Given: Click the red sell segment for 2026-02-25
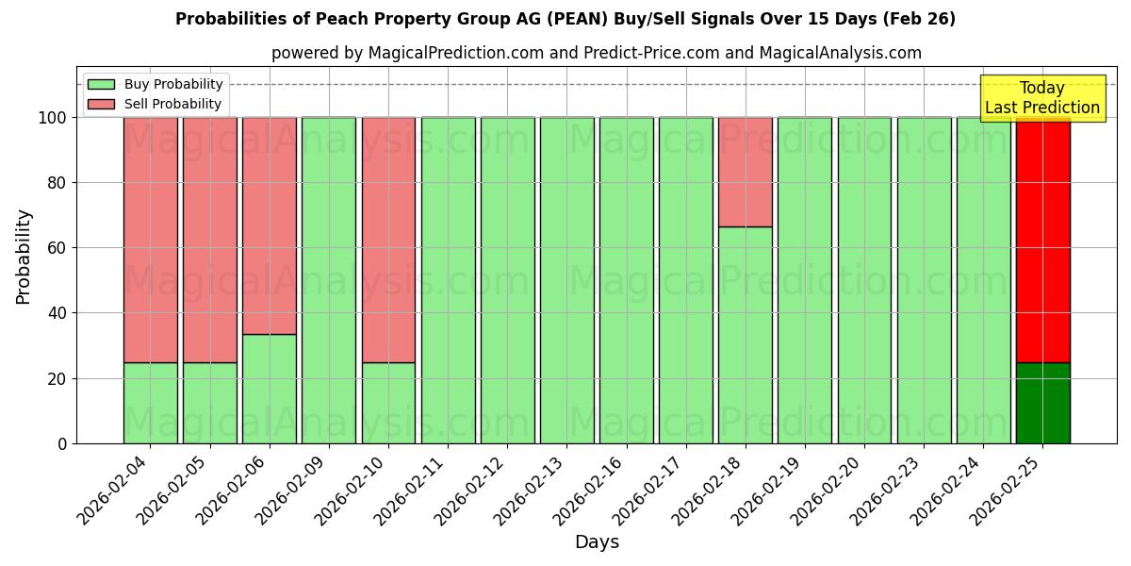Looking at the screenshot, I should (x=1042, y=240).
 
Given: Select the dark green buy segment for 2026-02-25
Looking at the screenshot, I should (x=1042, y=403).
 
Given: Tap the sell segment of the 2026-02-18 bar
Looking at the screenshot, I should (x=745, y=172).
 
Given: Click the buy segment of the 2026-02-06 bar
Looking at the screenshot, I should (x=269, y=389).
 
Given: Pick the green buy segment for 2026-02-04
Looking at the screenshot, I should (x=150, y=403).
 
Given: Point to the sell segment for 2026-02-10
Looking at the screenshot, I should (x=388, y=240).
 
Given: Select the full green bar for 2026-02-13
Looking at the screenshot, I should (x=566, y=280).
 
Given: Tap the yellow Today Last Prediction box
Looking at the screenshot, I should (x=1041, y=98).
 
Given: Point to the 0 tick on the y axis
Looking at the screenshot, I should (x=62, y=443).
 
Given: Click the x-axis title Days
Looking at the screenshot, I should (x=597, y=542).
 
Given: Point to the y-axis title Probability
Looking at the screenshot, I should (x=24, y=257).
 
